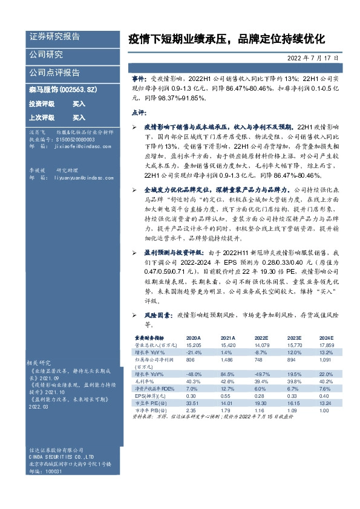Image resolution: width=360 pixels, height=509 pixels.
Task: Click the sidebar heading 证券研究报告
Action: (54, 36)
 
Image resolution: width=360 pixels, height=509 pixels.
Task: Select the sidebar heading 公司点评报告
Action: (54, 73)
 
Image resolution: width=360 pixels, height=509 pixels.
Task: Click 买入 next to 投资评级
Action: (79, 103)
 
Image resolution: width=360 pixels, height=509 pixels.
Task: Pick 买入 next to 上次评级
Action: (79, 117)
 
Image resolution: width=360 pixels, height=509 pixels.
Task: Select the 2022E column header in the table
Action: (261, 337)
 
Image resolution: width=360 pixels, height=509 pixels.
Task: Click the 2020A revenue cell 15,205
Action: (194, 344)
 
